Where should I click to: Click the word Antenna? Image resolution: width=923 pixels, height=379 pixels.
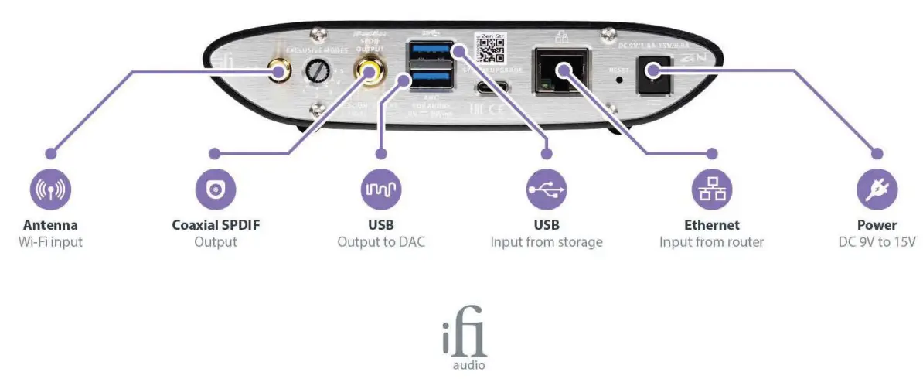pos(50,225)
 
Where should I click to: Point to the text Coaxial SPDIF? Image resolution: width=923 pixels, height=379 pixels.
pos(216,225)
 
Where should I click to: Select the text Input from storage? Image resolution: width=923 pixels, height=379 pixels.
pos(547,242)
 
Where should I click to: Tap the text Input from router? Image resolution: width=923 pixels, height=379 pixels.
pos(712,242)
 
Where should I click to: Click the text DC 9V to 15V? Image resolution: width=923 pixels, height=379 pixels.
pos(877,242)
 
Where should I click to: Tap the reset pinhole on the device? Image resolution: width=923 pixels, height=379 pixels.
pos(618,80)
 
